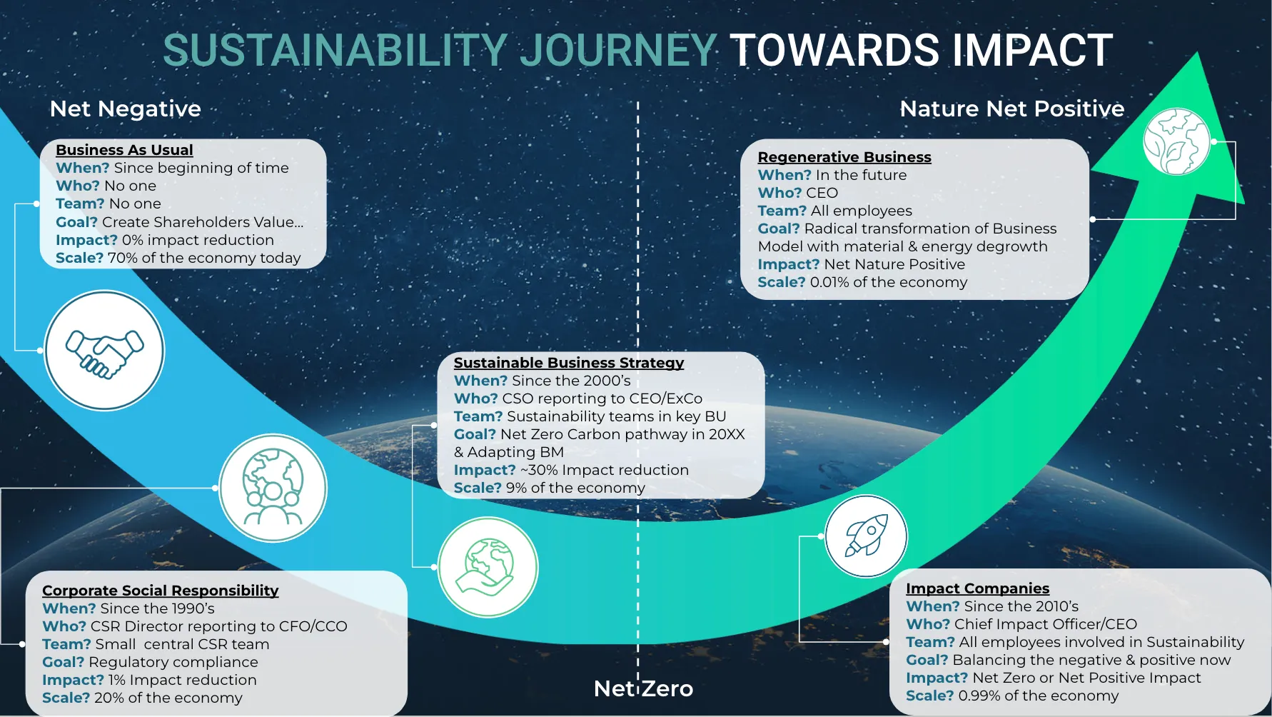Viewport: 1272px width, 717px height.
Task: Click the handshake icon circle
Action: pyautogui.click(x=104, y=350)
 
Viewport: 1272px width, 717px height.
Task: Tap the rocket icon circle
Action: pyautogui.click(x=866, y=536)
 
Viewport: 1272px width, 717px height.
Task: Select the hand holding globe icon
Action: pyautogui.click(x=488, y=567)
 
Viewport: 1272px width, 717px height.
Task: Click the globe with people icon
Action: pyautogui.click(x=273, y=488)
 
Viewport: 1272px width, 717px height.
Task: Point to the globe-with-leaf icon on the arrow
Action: pyautogui.click(x=1176, y=141)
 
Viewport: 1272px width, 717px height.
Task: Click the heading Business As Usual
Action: pyautogui.click(x=124, y=150)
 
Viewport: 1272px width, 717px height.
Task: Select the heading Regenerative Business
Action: pyautogui.click(x=844, y=157)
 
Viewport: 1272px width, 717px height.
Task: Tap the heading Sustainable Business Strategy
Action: pyautogui.click(x=569, y=363)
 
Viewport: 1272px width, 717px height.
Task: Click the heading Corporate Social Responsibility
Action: pyautogui.click(x=161, y=591)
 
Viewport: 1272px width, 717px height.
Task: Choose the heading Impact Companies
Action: pyautogui.click(x=977, y=588)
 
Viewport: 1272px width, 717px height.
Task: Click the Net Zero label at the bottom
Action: pyautogui.click(x=643, y=688)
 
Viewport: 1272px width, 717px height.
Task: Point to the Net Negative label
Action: pyautogui.click(x=126, y=109)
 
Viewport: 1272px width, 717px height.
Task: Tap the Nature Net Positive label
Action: pyautogui.click(x=1012, y=109)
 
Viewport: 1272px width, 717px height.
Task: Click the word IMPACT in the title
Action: pyautogui.click(x=1031, y=50)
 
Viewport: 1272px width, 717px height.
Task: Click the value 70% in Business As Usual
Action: pyautogui.click(x=122, y=258)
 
